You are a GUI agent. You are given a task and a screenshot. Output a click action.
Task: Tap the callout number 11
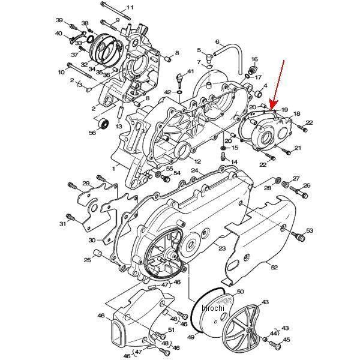(x=130, y=7)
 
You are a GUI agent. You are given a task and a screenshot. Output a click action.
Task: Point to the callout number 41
(x=190, y=72)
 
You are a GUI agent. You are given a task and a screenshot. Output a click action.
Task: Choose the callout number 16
(x=254, y=59)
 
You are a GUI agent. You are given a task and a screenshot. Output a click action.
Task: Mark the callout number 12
(x=197, y=161)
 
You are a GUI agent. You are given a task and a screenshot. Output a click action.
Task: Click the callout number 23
(x=221, y=248)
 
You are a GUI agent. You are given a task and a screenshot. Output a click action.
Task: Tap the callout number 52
(x=274, y=268)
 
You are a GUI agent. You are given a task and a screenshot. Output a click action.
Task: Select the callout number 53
(x=310, y=230)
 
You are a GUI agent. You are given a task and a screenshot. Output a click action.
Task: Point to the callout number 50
(x=240, y=292)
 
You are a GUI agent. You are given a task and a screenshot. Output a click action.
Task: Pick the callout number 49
(x=191, y=338)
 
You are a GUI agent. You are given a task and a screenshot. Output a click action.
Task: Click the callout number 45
(x=286, y=340)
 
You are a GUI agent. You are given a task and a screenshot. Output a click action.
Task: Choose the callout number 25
(x=88, y=260)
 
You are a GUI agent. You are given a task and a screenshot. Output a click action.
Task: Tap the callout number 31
(x=62, y=224)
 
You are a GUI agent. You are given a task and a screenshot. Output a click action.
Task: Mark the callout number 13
(x=119, y=127)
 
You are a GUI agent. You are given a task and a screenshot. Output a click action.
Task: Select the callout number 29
(x=86, y=183)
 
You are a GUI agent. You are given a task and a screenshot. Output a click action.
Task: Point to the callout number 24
(x=194, y=170)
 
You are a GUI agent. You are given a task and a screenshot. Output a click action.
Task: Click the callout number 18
(x=296, y=113)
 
